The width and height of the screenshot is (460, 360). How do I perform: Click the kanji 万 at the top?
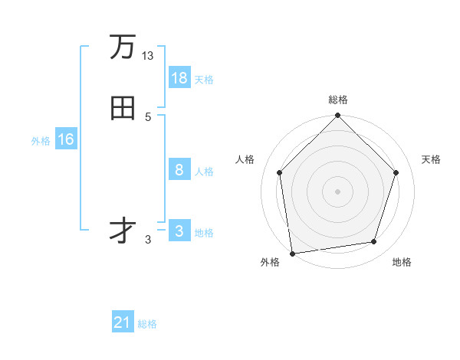123,47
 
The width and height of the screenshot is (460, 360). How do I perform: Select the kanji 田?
123,109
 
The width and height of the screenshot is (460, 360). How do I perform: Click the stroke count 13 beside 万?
148,56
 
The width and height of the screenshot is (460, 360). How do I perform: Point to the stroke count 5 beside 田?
148,117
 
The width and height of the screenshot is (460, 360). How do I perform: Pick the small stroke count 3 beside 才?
148,240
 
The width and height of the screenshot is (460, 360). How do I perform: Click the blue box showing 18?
179,78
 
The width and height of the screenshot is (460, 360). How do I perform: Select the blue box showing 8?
179,170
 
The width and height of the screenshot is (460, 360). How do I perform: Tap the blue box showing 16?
66,139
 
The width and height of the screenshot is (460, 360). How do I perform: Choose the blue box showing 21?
123,322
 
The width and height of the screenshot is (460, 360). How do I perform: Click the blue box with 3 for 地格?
179,231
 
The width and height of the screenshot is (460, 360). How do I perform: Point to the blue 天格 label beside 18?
204,79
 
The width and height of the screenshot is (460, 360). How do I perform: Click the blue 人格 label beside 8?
204,171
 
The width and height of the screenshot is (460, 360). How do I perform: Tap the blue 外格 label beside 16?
41,140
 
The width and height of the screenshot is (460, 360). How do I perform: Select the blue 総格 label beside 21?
147,323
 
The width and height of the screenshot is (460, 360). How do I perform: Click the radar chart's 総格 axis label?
337,100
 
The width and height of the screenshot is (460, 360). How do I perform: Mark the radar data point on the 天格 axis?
396,172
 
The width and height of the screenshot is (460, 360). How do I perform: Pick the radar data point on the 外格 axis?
292,253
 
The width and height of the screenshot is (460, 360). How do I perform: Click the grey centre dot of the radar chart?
337,191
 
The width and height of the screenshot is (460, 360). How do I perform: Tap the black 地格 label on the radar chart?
402,263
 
